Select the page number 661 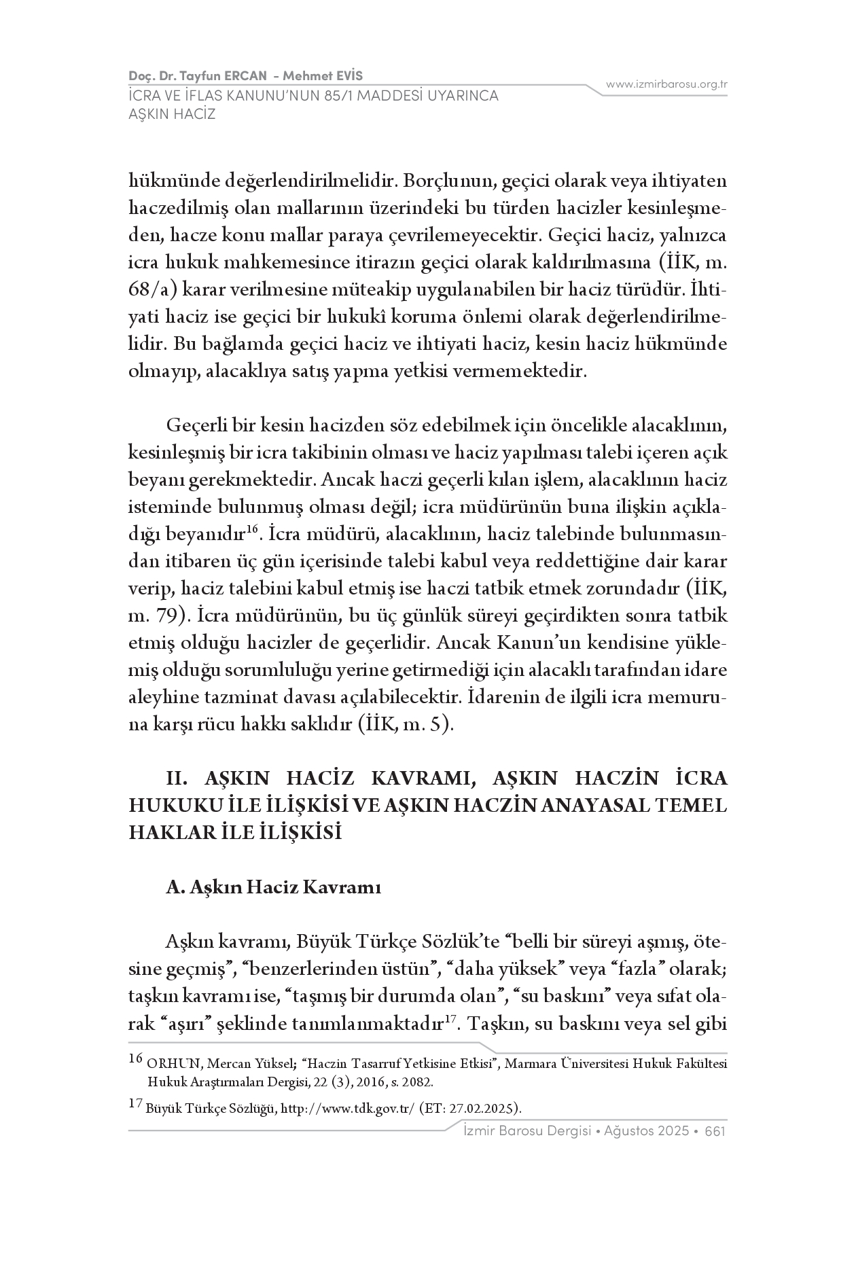click(x=715, y=1132)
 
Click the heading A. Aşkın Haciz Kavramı click(x=273, y=887)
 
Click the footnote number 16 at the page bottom click(x=135, y=1058)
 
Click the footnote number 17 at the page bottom click(x=135, y=1104)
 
